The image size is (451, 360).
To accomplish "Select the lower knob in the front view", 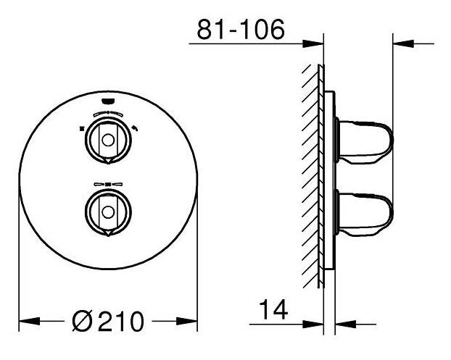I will (108, 212).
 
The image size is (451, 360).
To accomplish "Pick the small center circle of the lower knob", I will (108, 212).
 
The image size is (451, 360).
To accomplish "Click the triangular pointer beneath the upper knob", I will (108, 162).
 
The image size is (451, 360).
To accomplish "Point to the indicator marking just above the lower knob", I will (108, 185).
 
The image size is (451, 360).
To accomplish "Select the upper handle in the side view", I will (366, 140).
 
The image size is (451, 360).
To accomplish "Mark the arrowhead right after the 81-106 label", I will (316, 44).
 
